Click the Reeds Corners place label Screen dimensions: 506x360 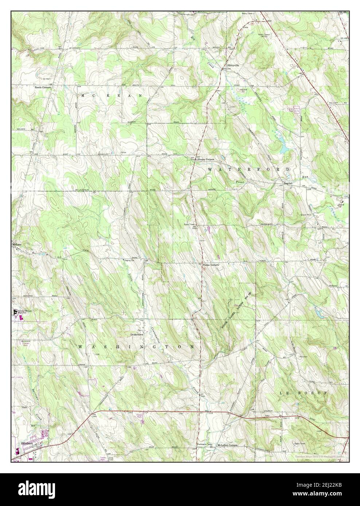(43, 88)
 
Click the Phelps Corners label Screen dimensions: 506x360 (210, 265)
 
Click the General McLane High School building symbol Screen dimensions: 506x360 (16, 312)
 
